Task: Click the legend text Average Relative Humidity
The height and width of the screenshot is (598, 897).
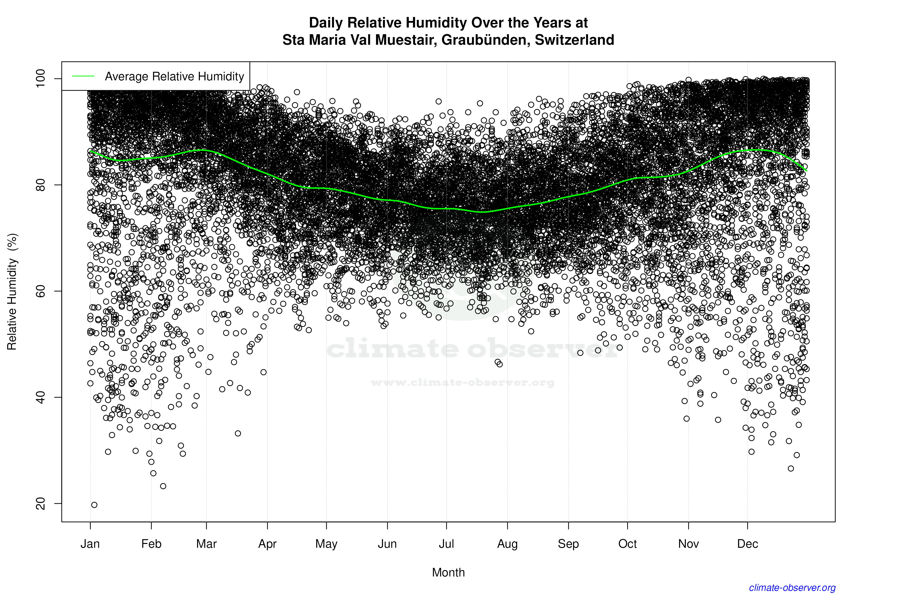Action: pos(174,76)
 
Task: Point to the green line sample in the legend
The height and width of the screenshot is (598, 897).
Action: pos(83,76)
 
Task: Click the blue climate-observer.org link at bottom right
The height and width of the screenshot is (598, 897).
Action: pos(792,588)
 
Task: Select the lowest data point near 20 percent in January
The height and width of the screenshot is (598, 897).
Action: pos(94,505)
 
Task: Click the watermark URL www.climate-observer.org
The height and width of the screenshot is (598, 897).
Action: pos(462,382)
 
